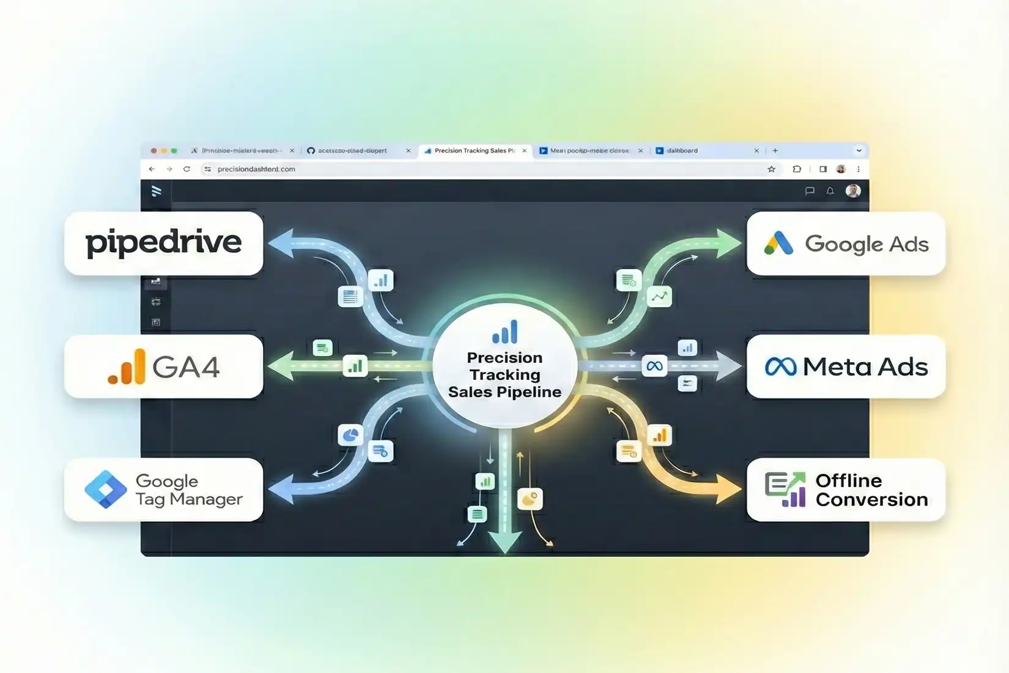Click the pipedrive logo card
[163, 243]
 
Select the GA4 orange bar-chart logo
[127, 367]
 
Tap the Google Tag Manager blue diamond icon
[106, 489]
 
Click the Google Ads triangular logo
[778, 244]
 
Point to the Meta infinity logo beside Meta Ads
[780, 366]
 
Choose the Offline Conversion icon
[785, 489]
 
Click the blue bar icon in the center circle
[505, 332]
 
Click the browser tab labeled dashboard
[682, 151]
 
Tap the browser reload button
[187, 169]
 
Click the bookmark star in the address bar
[771, 169]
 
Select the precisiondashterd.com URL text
[256, 169]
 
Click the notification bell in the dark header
[830, 191]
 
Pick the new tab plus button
[775, 151]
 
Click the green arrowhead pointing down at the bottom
[505, 541]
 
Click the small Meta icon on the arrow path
[654, 366]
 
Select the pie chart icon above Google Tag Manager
[350, 435]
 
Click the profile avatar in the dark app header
[852, 191]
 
